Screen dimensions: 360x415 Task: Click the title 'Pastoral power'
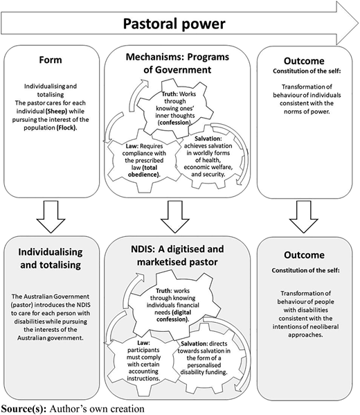pyautogui.click(x=174, y=24)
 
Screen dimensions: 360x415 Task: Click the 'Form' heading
pyautogui.click(x=51, y=60)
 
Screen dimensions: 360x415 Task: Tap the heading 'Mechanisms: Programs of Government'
pyautogui.click(x=177, y=63)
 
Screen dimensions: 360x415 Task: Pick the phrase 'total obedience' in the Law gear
pyautogui.click(x=144, y=171)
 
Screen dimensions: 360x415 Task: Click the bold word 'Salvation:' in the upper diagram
pyautogui.click(x=208, y=139)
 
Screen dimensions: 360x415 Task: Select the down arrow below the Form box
pyautogui.click(x=51, y=216)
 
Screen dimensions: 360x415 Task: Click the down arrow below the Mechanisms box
pyautogui.click(x=175, y=216)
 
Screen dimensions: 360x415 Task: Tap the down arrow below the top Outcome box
pyautogui.click(x=303, y=216)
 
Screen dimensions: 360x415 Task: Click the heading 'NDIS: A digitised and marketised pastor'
pyautogui.click(x=177, y=256)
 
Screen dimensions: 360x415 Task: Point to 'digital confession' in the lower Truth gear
pyautogui.click(x=173, y=315)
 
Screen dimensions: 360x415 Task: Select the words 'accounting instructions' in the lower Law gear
pyautogui.click(x=143, y=375)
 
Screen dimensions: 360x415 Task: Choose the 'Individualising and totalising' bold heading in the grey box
pyautogui.click(x=51, y=258)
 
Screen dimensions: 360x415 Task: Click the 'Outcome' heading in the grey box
pyautogui.click(x=304, y=255)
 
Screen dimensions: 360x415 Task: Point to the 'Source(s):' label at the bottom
pyautogui.click(x=24, y=409)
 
